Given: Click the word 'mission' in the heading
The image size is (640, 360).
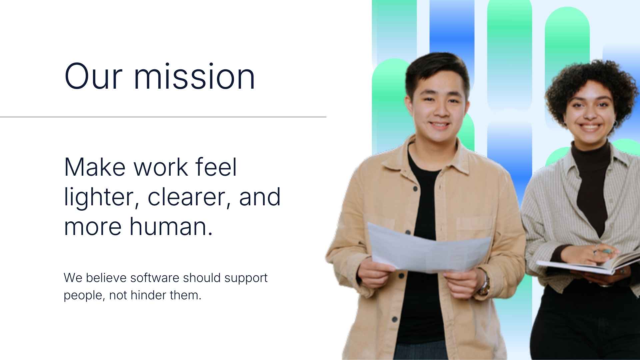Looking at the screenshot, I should coord(194,77).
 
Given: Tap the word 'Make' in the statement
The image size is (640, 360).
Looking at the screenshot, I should coord(94,167).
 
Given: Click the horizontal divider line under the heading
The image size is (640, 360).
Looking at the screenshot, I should coord(163,117).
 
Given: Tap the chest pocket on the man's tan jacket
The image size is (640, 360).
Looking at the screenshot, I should coord(473,230).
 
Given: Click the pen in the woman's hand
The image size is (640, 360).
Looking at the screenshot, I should coord(605,250).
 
